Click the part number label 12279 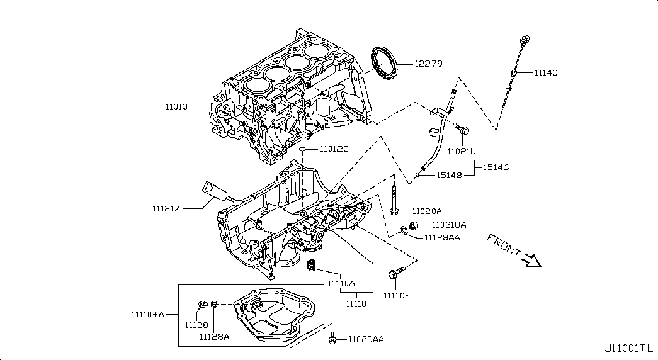click(428, 64)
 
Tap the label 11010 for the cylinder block click(176, 106)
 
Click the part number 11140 click(546, 72)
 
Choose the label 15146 click(496, 167)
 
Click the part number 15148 click(449, 176)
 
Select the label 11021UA click(449, 225)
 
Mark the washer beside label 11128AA click(402, 230)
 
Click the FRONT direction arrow click(531, 260)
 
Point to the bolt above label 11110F click(397, 272)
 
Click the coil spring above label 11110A click(312, 265)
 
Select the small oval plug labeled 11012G click(303, 149)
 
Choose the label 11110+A click(148, 314)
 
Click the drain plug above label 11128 click(202, 304)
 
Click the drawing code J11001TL click(629, 348)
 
